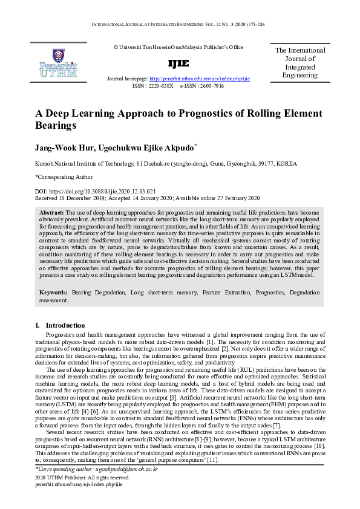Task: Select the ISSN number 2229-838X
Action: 160,86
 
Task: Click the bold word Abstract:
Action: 51,213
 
